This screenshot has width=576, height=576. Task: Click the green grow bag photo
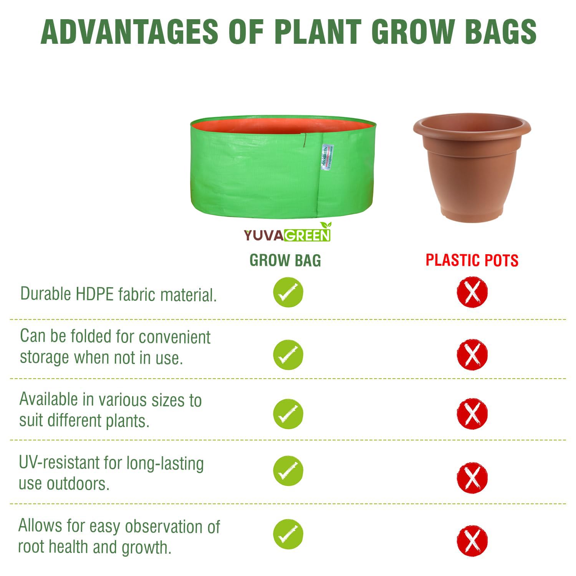point(283,168)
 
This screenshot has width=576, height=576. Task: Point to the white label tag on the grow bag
point(327,157)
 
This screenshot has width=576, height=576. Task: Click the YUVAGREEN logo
point(287,233)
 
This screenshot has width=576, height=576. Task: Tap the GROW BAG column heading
point(285,261)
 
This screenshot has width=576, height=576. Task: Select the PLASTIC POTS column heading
point(472,260)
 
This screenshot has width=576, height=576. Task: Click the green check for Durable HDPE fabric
point(288,292)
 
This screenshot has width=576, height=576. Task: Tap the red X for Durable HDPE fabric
point(472,292)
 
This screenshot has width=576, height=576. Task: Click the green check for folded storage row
point(288,354)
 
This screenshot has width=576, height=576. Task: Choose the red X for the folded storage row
point(472,354)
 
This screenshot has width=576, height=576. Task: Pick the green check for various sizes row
point(288,414)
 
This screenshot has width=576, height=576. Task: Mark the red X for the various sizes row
point(472,414)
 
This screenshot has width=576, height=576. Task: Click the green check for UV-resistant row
point(288,471)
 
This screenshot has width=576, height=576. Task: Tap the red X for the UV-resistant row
point(472,477)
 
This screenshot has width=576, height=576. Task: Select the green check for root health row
point(288,534)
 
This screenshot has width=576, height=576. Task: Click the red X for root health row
point(472,541)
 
